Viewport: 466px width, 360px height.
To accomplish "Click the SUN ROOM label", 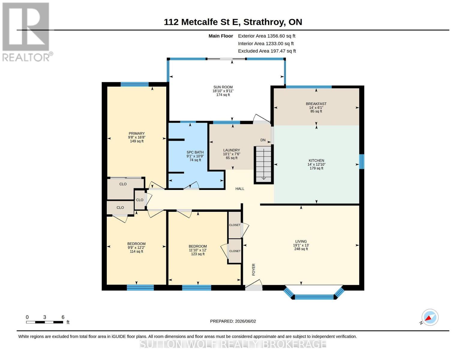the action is point(223,87).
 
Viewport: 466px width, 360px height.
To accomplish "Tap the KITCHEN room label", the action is point(316,160).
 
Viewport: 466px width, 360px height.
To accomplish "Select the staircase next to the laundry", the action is point(263,165).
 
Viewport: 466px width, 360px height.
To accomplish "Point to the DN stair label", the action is point(263,140).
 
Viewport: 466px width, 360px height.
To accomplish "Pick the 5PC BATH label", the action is point(195,152).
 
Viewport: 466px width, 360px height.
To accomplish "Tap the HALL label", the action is point(240,189).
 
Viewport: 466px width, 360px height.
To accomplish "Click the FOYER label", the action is point(254,269).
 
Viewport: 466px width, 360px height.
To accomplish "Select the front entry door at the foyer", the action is point(254,285).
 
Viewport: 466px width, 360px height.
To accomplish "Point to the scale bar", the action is point(45,322).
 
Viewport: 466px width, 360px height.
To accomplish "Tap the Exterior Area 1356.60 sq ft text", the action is point(266,36).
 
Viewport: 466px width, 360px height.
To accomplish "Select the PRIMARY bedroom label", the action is point(137,133).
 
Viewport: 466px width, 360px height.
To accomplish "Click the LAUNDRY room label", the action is point(231,150).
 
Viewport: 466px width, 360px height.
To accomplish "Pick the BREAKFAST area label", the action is point(316,104).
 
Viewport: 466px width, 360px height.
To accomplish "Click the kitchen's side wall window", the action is point(362,162).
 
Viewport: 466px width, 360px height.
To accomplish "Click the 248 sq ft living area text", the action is point(301,249).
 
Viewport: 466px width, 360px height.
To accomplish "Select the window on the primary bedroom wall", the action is point(135,84).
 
